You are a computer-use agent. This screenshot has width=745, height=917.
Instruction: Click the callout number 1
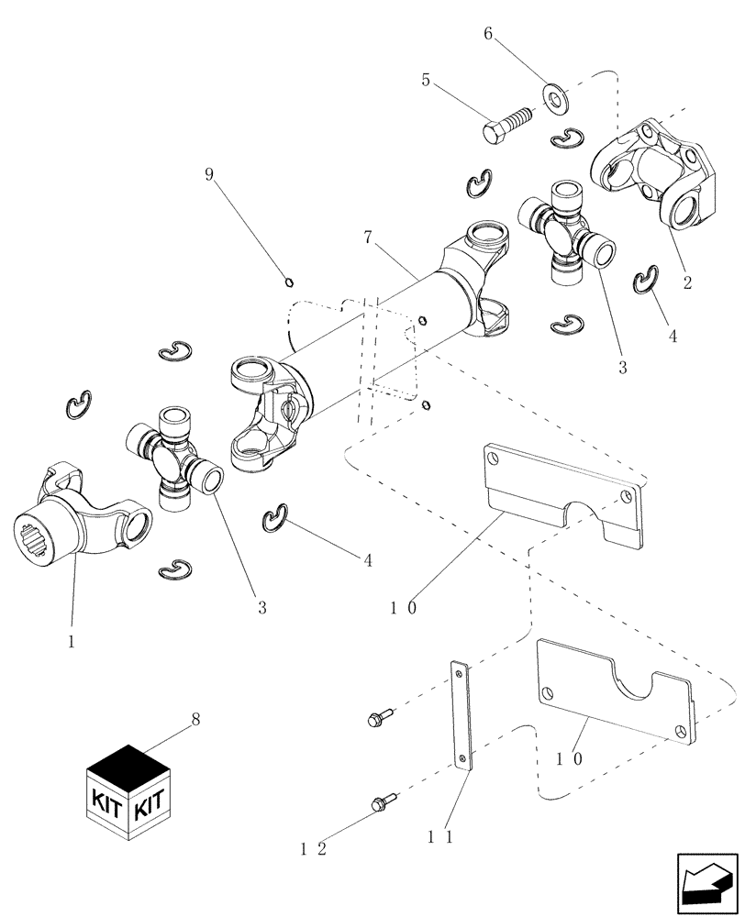[x=71, y=642]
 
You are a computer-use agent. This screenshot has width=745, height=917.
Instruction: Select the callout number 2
[x=687, y=282]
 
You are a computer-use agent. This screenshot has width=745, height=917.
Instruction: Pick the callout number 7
[x=368, y=237]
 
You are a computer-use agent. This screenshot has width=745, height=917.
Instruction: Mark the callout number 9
[x=209, y=173]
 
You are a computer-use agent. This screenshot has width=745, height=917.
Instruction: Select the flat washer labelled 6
[x=554, y=96]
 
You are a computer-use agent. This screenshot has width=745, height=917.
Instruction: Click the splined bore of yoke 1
[x=33, y=538]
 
